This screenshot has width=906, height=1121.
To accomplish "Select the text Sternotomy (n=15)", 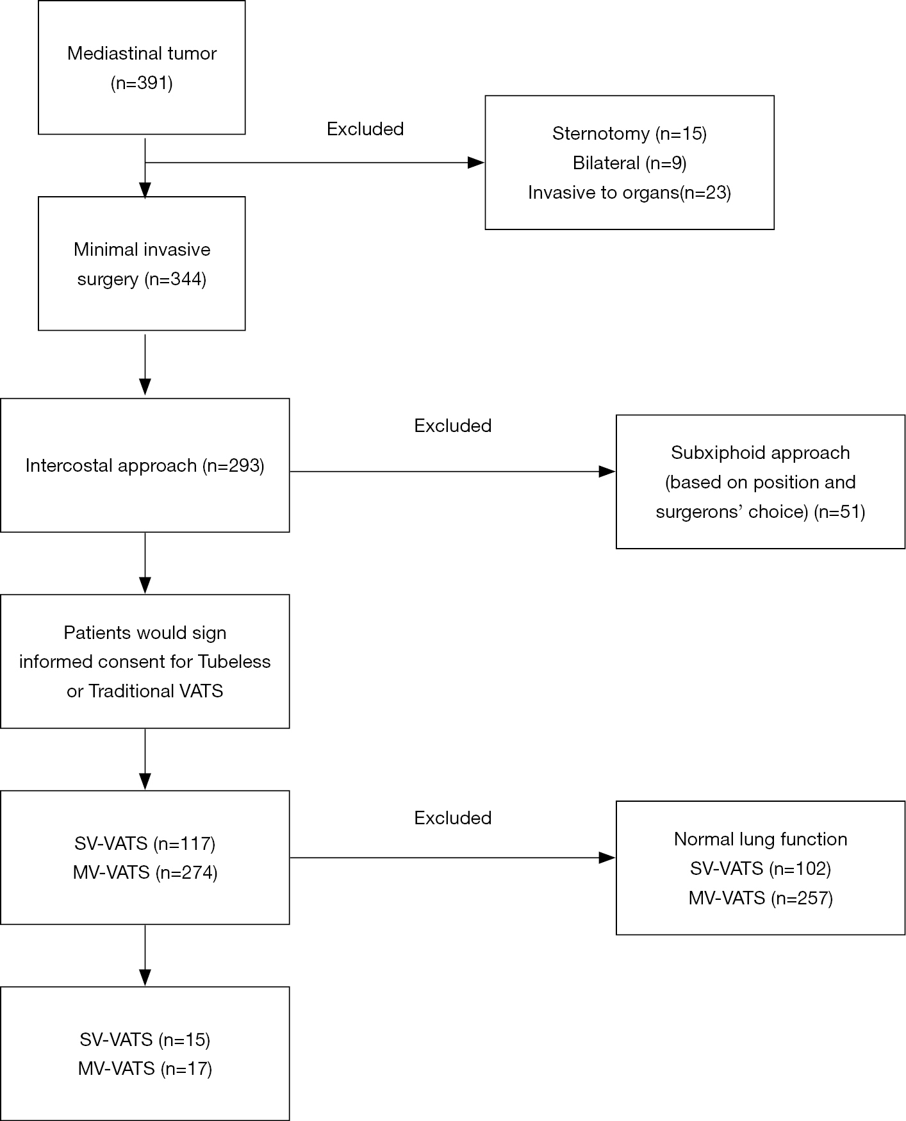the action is pyautogui.click(x=629, y=133).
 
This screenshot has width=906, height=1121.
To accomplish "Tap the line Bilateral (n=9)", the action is pyautogui.click(x=629, y=163).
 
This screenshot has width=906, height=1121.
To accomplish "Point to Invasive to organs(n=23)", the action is pyautogui.click(x=629, y=192).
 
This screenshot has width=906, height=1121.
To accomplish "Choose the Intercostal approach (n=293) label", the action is pyautogui.click(x=145, y=465).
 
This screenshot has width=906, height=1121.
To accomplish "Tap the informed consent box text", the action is pyautogui.click(x=145, y=661).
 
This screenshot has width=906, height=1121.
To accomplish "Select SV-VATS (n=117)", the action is pyautogui.click(x=145, y=843).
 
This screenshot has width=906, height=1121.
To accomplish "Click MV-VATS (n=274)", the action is pyautogui.click(x=145, y=872).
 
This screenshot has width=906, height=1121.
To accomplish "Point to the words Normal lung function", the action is pyautogui.click(x=761, y=839).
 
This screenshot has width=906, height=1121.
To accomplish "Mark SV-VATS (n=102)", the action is pyautogui.click(x=761, y=868).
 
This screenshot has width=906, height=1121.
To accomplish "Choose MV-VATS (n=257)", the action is pyautogui.click(x=761, y=898).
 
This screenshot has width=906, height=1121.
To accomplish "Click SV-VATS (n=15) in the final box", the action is pyautogui.click(x=145, y=1039).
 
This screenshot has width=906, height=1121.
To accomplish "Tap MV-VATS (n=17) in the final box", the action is pyautogui.click(x=145, y=1068).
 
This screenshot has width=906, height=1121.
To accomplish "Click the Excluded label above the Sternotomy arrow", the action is pyautogui.click(x=365, y=129).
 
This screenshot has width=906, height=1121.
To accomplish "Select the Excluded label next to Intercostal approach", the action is pyautogui.click(x=453, y=426).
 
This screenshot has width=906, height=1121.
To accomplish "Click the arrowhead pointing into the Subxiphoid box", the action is pyautogui.click(x=607, y=472).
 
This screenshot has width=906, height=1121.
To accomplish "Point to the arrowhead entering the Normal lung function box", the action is pyautogui.click(x=607, y=858).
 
